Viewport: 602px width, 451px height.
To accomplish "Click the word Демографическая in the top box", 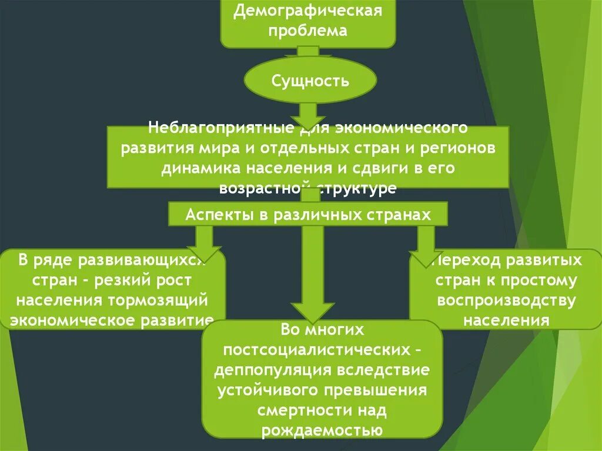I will coord(307,11).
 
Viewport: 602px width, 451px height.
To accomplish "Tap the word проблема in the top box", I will coord(307,31).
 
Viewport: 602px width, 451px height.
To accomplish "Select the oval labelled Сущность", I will coord(309,80).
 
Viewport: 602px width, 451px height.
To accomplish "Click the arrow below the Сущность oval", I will coord(307,113).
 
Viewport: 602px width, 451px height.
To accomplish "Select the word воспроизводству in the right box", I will coord(506,300).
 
